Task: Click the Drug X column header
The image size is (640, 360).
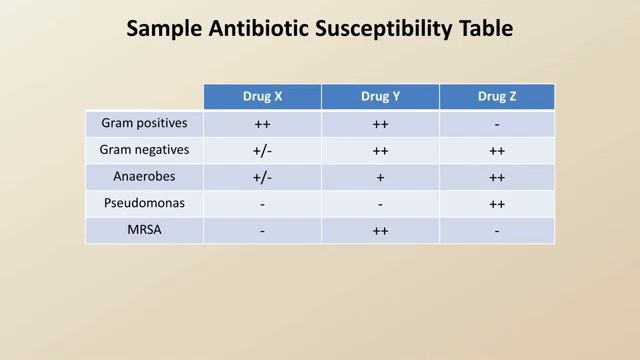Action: coord(262,97)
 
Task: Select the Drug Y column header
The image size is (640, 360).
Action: coord(380,97)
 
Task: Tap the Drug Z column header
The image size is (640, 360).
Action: coord(496,97)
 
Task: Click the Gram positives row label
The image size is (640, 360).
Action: coord(144,124)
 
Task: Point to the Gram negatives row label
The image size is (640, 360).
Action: coord(144,150)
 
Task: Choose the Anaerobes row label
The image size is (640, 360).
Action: coord(144,177)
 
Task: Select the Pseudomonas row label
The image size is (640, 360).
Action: coord(144,203)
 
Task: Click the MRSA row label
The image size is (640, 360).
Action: coord(144,230)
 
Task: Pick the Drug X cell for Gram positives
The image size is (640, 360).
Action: coord(262,125)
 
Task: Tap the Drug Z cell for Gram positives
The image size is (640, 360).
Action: coord(496,125)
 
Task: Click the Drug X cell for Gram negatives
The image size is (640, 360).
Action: coord(262,151)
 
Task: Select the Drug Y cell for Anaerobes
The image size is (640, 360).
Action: coord(380,178)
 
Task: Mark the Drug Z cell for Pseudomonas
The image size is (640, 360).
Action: coord(496,204)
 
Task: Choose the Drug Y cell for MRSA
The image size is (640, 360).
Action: coord(380,231)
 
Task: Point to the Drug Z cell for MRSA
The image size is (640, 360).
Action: coord(496,231)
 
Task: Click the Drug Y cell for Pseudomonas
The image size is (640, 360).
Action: coord(380,204)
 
